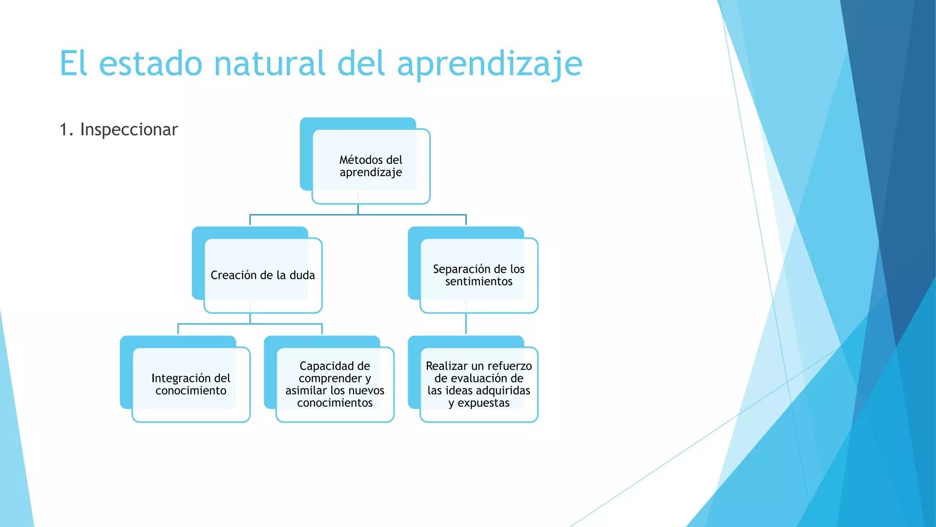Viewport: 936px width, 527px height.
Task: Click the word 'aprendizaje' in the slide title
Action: [489, 64]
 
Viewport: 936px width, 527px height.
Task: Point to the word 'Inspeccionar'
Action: [129, 130]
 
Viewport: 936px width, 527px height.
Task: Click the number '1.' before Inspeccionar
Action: [67, 130]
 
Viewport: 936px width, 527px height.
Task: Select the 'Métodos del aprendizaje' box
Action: [371, 166]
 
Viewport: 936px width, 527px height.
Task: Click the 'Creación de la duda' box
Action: [263, 275]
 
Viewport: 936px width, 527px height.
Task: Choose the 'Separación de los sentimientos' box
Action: [479, 275]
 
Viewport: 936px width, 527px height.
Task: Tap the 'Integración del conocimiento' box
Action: [191, 384]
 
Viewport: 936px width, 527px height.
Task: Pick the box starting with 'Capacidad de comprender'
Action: [335, 384]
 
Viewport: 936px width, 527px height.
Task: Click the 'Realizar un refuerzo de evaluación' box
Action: [479, 384]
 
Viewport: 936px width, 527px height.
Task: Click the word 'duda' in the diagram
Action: [302, 275]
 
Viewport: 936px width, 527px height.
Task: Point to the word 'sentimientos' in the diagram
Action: [479, 282]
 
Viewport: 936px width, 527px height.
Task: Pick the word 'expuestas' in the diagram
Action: [484, 403]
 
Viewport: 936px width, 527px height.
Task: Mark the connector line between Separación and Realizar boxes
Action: [466, 324]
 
